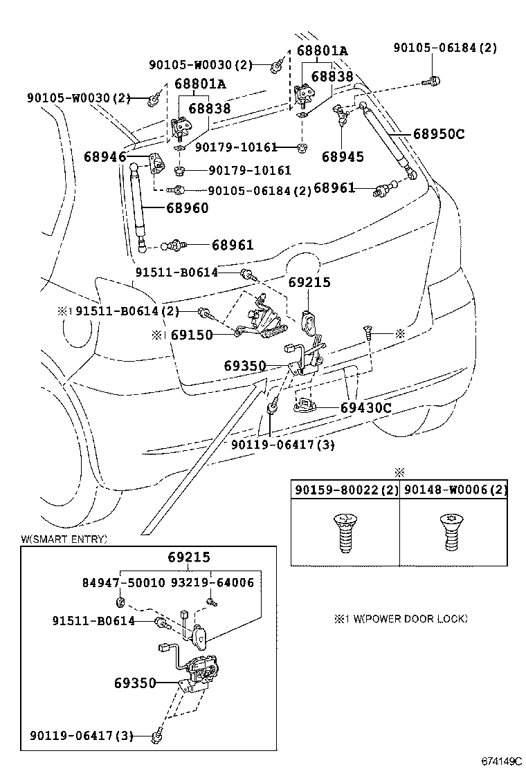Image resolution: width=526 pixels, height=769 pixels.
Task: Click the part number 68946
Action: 105,157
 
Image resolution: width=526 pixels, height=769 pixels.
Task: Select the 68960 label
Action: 187,207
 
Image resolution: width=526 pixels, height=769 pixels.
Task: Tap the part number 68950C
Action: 439,133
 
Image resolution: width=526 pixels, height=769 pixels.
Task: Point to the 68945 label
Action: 342,157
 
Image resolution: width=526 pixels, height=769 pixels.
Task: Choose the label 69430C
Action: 366,408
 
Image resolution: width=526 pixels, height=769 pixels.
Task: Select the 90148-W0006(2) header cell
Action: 455,490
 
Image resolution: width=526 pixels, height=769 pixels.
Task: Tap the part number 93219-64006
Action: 212,582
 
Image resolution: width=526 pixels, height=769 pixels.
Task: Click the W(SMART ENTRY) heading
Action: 64,539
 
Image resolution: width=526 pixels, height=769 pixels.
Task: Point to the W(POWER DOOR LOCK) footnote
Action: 401,618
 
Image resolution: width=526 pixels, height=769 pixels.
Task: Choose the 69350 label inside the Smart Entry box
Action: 136,683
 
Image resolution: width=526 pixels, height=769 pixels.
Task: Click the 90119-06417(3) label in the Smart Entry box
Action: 82,736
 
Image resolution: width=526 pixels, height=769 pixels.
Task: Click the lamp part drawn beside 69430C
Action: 305,405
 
